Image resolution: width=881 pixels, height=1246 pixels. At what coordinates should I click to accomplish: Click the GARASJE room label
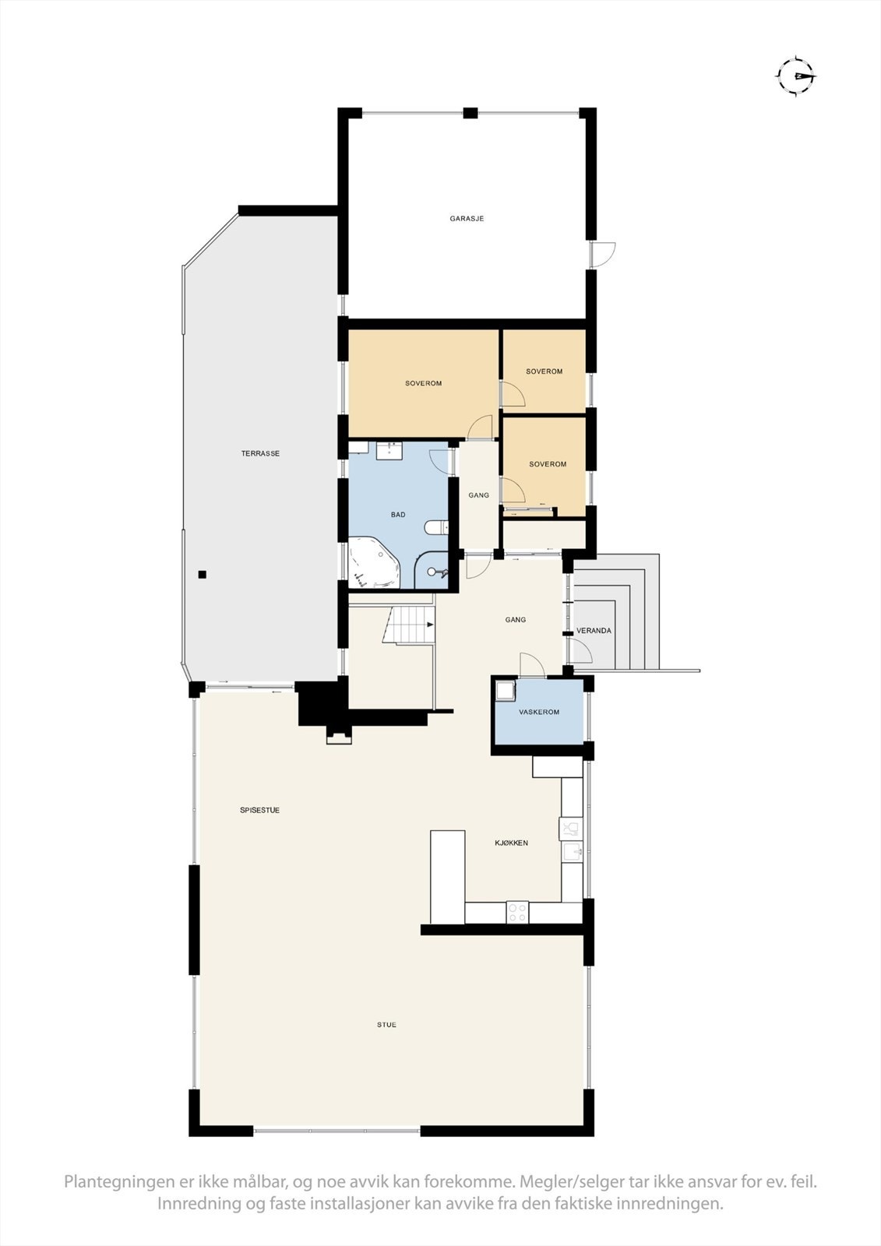467,219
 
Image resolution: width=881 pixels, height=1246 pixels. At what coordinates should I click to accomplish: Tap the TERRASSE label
260,453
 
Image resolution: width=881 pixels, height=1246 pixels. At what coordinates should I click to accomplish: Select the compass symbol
796,76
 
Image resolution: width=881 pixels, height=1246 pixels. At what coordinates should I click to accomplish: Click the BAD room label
398,515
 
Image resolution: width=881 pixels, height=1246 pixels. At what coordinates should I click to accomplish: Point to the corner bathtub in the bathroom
372,562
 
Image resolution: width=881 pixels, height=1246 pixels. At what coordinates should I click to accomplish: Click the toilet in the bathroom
436,528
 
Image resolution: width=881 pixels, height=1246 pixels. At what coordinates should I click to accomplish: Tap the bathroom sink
388,450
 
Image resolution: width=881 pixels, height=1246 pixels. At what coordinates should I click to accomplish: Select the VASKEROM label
539,713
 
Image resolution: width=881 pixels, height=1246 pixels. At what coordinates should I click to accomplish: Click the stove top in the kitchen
517,911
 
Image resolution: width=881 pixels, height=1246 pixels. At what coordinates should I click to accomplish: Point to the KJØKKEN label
512,843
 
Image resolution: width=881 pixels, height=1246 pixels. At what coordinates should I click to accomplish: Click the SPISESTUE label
259,811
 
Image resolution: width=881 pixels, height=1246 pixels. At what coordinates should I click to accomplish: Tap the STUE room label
386,1025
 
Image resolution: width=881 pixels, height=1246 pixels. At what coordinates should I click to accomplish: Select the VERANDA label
594,631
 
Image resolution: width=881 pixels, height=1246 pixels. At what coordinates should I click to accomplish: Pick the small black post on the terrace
203,575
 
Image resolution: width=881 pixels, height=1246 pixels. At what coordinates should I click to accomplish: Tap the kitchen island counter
447,876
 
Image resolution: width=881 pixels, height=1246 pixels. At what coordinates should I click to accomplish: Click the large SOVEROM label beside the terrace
423,383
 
